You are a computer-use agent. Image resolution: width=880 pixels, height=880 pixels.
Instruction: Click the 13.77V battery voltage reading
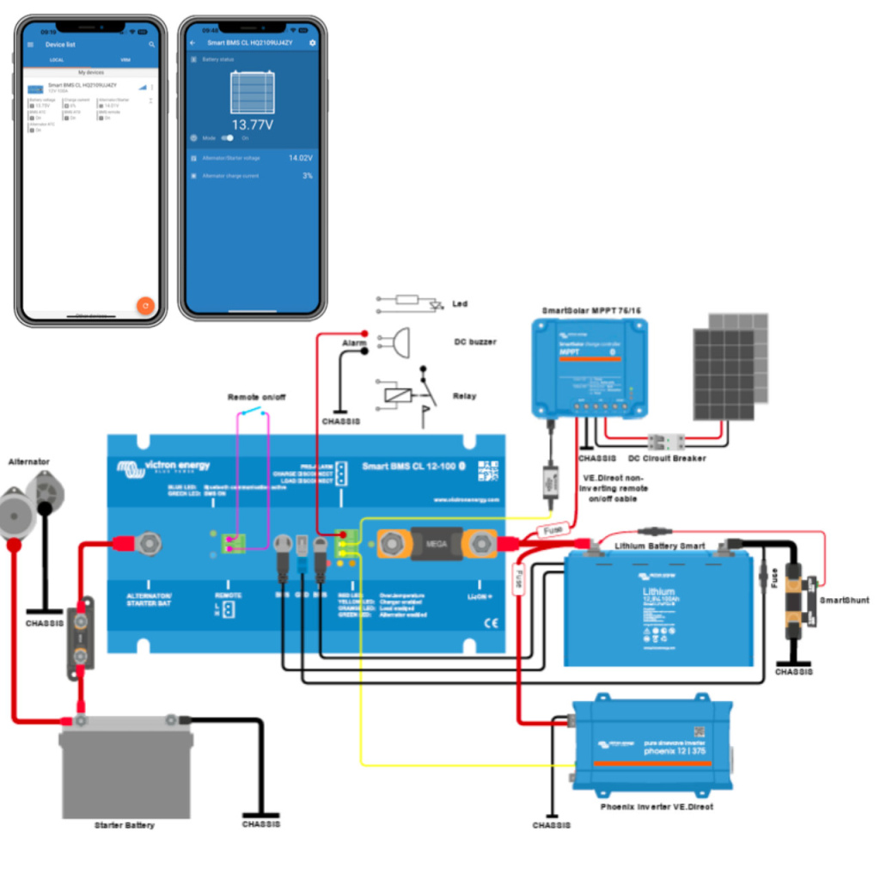click(252, 125)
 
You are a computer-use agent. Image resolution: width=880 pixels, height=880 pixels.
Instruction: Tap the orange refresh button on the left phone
click(145, 305)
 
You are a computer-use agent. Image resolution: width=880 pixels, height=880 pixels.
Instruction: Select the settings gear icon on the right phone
click(312, 42)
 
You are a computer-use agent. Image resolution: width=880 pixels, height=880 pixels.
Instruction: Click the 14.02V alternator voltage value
click(300, 158)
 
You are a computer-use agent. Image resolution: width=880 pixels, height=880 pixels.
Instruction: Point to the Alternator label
click(28, 461)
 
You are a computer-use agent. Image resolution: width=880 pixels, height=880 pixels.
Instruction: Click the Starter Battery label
click(125, 825)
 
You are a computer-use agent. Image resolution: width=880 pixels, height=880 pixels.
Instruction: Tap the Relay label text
click(464, 396)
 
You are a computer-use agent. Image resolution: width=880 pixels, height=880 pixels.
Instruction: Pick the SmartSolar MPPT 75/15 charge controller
click(589, 365)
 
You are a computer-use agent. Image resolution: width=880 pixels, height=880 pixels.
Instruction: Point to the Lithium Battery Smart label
click(659, 546)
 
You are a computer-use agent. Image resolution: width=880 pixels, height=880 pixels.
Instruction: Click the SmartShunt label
click(844, 600)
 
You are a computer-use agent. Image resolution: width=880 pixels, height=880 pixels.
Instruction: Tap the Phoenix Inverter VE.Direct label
click(657, 807)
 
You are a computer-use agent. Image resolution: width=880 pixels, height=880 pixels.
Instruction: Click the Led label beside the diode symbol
click(460, 303)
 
